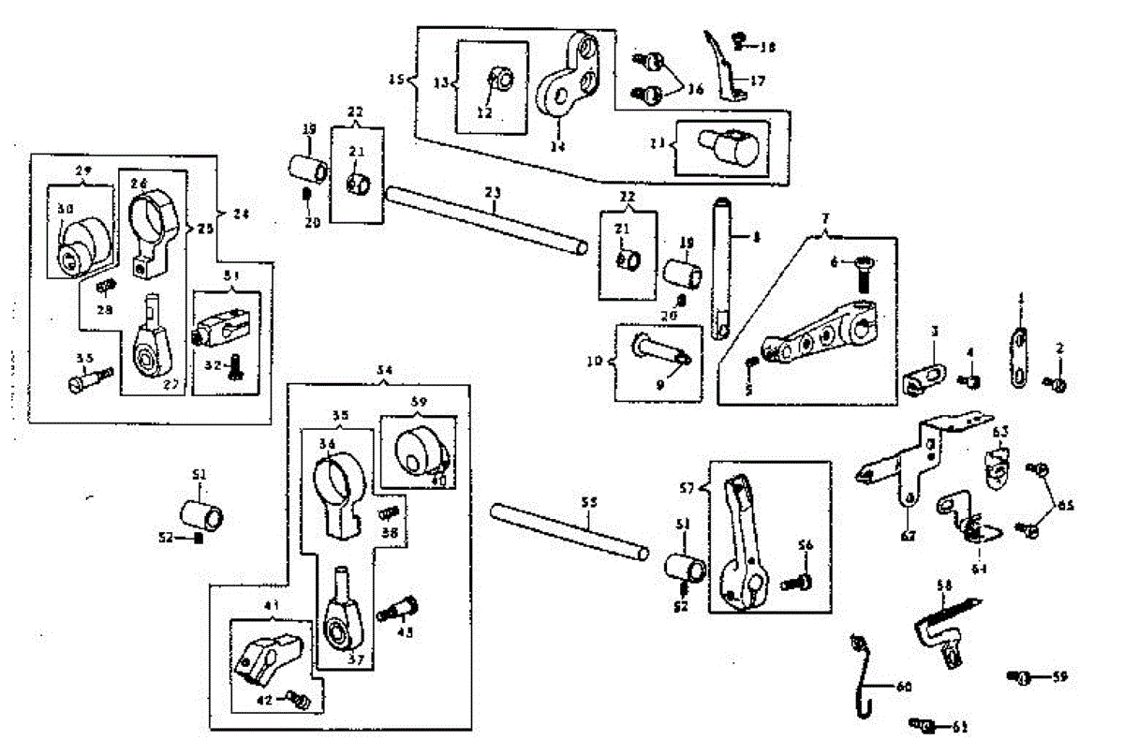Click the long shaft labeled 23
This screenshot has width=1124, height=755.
(x=487, y=221)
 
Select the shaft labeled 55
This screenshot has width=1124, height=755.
(x=569, y=531)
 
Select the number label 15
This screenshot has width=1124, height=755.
(x=397, y=79)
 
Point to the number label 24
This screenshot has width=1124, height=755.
(x=242, y=214)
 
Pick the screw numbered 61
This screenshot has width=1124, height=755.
(x=924, y=724)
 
